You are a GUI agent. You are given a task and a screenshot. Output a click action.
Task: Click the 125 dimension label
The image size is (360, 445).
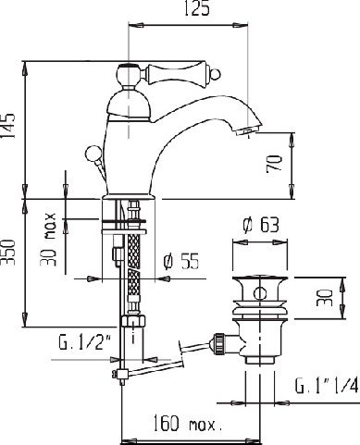(197, 8)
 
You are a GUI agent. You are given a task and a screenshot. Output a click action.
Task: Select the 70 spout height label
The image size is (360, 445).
(274, 164)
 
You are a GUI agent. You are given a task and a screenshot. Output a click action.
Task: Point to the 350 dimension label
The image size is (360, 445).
(7, 252)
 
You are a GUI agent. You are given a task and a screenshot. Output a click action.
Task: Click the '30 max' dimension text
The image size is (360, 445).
(48, 240)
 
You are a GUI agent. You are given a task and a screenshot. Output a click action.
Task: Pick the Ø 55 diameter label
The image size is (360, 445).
(181, 261)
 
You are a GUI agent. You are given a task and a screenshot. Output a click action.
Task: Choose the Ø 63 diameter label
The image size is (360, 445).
(261, 225)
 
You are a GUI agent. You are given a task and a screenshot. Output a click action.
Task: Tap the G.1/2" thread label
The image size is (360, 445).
(84, 342)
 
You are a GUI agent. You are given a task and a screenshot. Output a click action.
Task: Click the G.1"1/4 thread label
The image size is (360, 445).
(327, 386)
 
